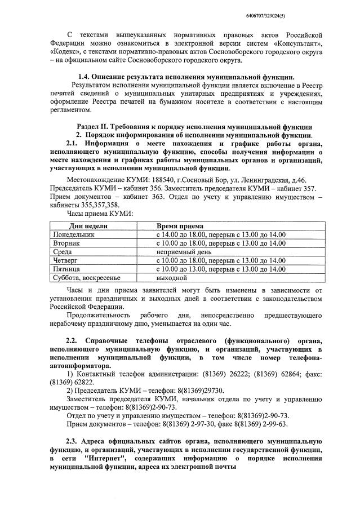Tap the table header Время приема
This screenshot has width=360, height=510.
(x=180, y=225)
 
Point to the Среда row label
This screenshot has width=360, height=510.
(x=63, y=252)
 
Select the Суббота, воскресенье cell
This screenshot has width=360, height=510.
(x=86, y=278)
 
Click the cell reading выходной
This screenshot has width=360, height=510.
(x=171, y=278)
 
